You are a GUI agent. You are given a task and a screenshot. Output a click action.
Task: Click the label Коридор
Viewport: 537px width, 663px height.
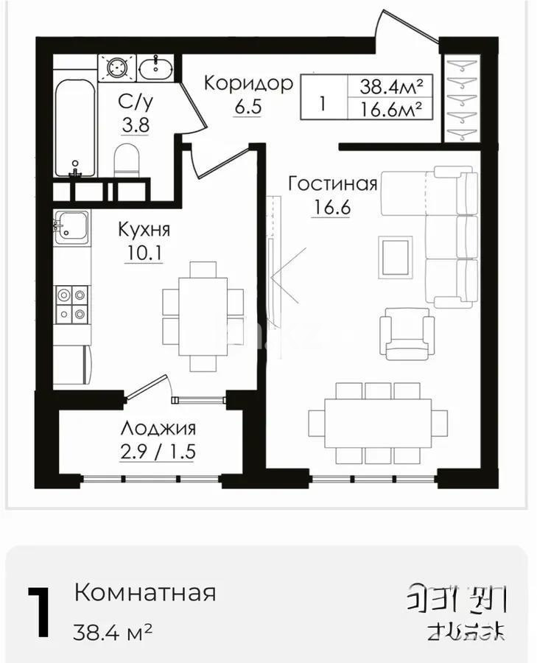248,82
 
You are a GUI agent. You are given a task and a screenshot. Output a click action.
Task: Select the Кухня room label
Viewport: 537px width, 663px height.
144,229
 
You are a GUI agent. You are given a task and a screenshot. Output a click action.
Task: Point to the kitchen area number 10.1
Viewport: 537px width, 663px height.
144,253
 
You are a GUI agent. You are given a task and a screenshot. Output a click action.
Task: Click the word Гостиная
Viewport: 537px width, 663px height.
332,183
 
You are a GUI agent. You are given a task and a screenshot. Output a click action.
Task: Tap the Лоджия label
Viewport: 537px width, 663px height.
158,428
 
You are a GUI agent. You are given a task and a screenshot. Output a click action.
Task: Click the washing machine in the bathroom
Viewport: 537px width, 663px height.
116,68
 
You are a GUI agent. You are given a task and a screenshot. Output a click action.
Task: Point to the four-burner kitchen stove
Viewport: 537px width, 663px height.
71,304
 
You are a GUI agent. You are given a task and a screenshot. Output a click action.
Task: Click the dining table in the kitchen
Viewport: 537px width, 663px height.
203,315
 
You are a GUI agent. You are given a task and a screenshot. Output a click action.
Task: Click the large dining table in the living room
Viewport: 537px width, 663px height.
378,422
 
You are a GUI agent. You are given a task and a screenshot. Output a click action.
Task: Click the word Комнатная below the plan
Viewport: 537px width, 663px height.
145,592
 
